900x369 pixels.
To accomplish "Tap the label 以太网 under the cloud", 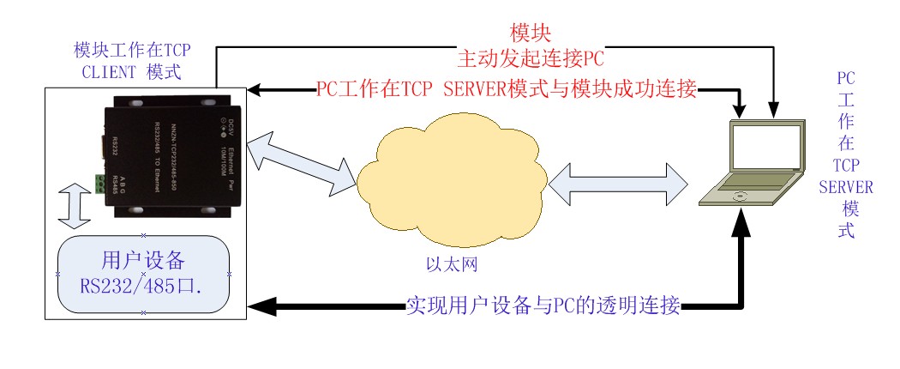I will click(451, 263).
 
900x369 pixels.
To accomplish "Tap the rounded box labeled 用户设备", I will click(143, 274).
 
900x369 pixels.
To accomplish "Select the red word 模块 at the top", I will click(525, 34).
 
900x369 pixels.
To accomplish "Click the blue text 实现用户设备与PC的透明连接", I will click(543, 305).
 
